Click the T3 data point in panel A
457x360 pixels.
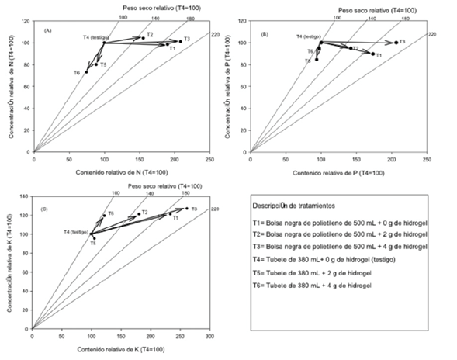(180, 41)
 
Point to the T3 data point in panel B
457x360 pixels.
(396, 43)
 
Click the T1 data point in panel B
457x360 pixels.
(372, 54)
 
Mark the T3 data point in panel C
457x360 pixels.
(186, 208)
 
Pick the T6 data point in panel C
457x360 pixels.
(104, 215)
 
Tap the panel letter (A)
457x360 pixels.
(47, 30)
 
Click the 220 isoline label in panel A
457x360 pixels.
(216, 33)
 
